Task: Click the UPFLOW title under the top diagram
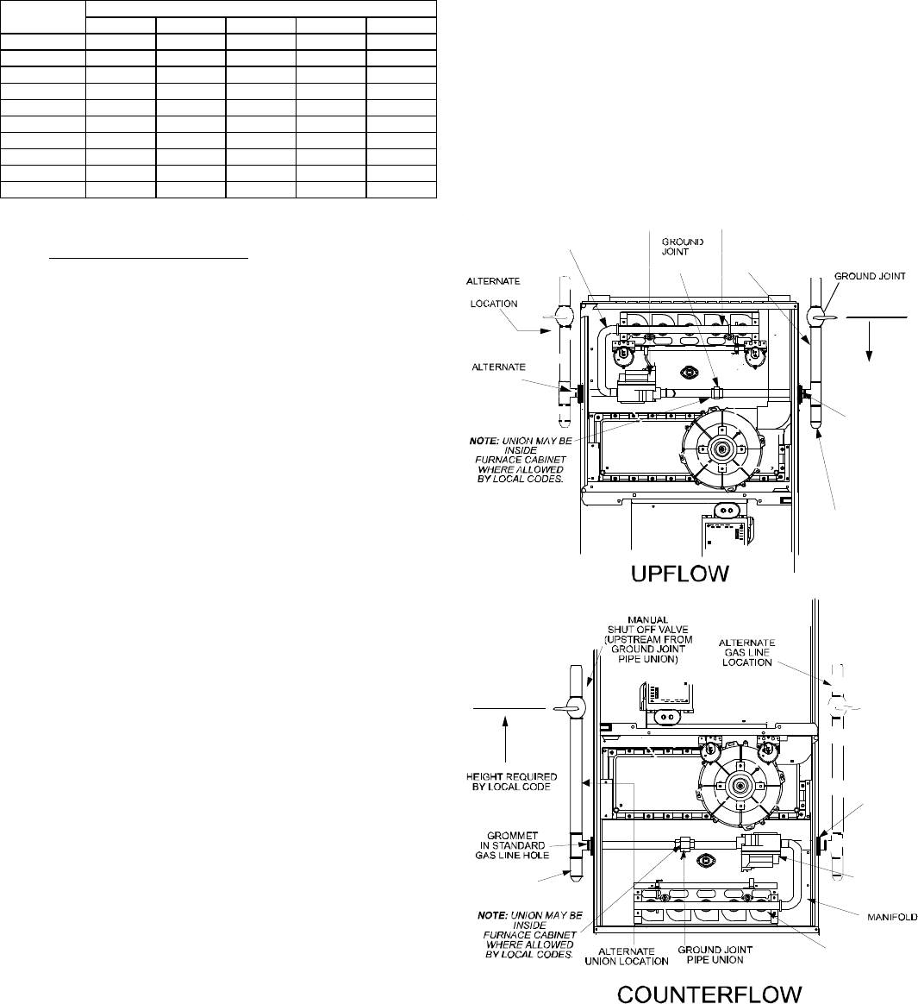[x=679, y=573]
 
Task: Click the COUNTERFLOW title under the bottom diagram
[x=709, y=993]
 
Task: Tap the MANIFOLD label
[x=892, y=918]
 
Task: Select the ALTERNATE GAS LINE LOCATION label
[x=747, y=652]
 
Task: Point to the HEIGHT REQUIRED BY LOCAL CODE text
[x=512, y=781]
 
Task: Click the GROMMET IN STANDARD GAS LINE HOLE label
[x=512, y=845]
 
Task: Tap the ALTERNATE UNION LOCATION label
[x=627, y=956]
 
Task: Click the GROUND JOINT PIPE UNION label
[x=715, y=955]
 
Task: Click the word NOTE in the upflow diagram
[x=484, y=441]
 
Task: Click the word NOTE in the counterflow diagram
[x=492, y=916]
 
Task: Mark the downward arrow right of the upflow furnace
[x=870, y=339]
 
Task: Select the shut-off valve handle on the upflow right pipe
[x=821, y=317]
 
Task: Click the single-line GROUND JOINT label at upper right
[x=870, y=276]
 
